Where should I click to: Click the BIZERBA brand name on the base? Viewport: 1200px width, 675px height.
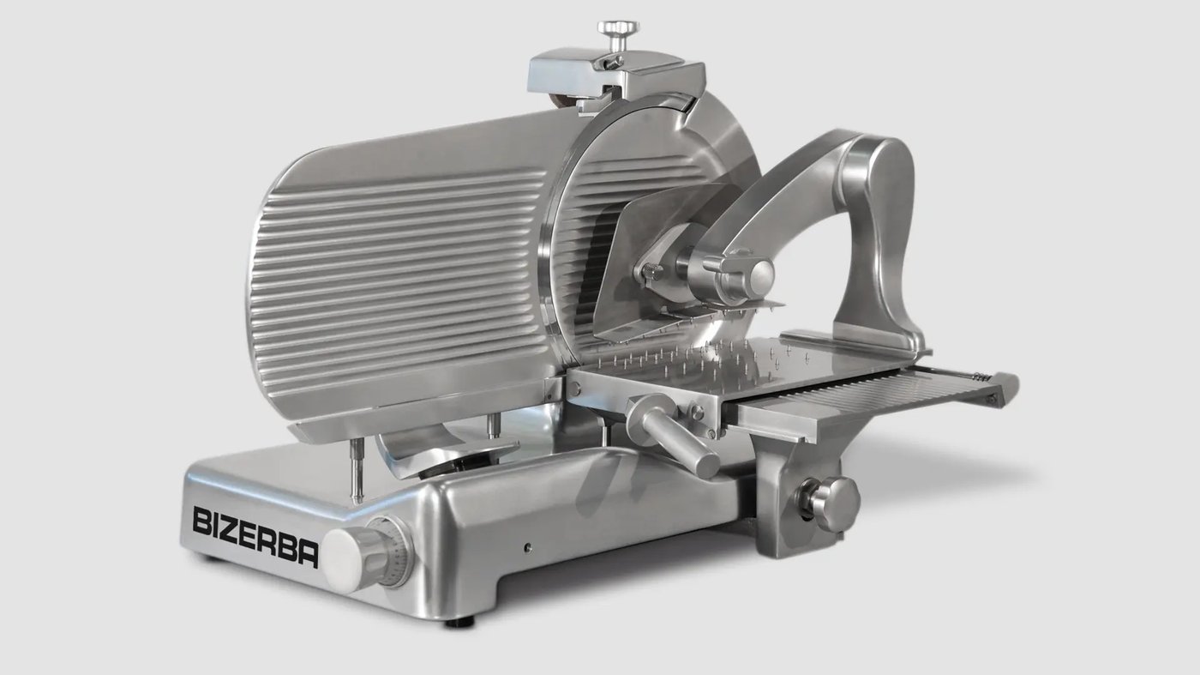click(255, 536)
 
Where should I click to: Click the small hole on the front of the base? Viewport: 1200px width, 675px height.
click(528, 547)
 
